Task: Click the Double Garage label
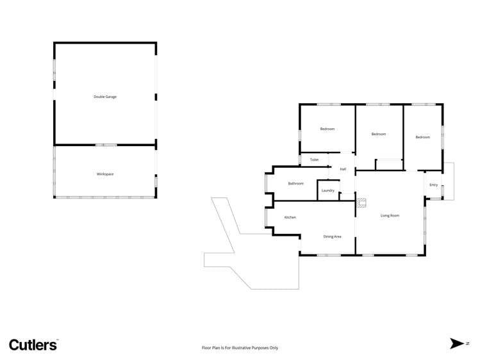pos(105,97)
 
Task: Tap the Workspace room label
pos(105,174)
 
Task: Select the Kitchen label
pos(290,218)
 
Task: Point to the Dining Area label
pos(332,236)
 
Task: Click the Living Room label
pos(390,215)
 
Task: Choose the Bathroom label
pos(295,184)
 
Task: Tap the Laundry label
pos(328,190)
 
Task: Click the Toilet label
pos(314,160)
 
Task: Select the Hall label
pos(343,169)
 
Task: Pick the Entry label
pos(434,185)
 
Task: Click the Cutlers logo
pos(33,345)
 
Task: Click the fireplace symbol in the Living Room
pos(362,204)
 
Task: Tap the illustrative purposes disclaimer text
pos(240,348)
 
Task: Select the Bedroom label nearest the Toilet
pos(327,129)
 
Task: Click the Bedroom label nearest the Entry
pos(422,137)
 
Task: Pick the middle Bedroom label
pos(379,134)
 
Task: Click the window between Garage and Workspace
pos(106,145)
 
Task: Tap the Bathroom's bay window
pos(267,183)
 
